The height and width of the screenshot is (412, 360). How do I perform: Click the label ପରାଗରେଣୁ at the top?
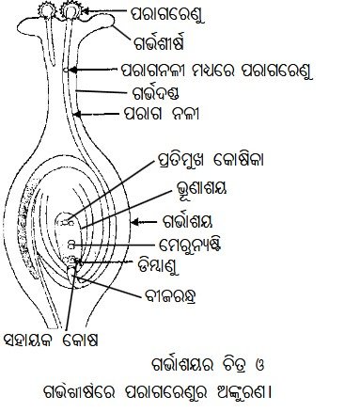(x=167, y=14)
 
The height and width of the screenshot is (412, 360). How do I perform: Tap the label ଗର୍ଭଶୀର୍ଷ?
(x=158, y=43)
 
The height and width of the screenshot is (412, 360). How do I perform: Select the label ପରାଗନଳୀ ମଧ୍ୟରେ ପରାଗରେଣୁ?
(x=217, y=71)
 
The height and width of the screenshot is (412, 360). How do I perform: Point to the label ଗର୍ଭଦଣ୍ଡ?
(x=153, y=93)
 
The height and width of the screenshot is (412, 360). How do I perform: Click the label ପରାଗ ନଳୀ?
(x=162, y=114)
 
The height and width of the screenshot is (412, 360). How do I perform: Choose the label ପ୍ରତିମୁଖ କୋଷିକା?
(x=210, y=160)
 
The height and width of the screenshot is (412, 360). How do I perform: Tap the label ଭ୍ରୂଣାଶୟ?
(x=201, y=188)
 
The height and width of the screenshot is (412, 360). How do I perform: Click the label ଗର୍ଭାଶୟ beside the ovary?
(x=188, y=222)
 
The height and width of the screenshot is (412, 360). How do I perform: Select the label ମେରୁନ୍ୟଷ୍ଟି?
(x=190, y=245)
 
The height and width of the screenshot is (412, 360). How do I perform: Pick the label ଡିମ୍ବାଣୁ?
(x=158, y=266)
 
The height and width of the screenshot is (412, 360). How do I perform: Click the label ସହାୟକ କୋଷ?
(x=51, y=340)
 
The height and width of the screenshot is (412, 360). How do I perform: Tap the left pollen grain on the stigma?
(x=46, y=10)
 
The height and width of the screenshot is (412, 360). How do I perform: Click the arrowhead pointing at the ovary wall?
(x=134, y=222)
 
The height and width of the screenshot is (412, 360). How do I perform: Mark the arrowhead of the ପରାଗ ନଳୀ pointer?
(x=77, y=114)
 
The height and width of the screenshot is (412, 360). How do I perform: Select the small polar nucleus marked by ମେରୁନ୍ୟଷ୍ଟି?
(x=71, y=245)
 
